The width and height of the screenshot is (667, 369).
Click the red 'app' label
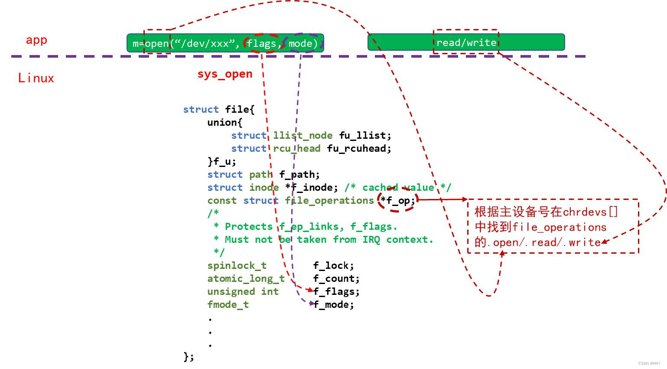tap(36, 40)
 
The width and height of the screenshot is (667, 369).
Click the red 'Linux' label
tap(36, 78)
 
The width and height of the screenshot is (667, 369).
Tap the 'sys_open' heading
tap(225, 74)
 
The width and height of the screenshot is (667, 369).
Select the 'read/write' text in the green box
tap(466, 42)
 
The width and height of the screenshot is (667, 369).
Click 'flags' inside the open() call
tap(261, 44)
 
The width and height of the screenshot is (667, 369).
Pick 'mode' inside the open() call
tap(301, 44)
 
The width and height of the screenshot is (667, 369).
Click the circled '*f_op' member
tap(397, 200)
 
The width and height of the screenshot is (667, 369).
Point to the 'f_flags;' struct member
tap(336, 291)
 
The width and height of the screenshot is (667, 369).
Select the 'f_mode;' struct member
tap(334, 304)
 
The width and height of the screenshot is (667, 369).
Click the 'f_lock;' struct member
tap(333, 265)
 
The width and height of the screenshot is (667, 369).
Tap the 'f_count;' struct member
tap(336, 278)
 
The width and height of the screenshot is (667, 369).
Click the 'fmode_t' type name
tap(228, 304)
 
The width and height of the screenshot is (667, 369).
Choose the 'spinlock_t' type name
tap(237, 265)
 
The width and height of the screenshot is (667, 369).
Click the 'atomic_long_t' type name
tap(246, 278)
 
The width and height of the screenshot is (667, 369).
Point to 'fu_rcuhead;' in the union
tap(359, 148)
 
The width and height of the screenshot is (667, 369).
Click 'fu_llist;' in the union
tap(365, 135)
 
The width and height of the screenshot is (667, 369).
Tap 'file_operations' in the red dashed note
tap(559, 227)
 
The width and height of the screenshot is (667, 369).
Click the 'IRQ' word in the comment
tap(371, 239)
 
